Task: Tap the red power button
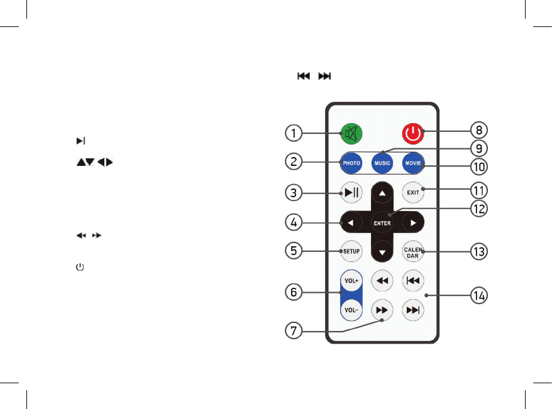(x=412, y=133)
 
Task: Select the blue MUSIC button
(x=382, y=162)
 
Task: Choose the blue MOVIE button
(x=412, y=162)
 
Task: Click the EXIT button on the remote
(x=412, y=192)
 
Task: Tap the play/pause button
(x=350, y=192)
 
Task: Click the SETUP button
(x=350, y=251)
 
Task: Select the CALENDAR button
(x=412, y=251)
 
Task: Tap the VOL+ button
(x=350, y=281)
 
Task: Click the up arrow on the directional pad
(x=382, y=192)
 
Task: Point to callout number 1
(x=292, y=133)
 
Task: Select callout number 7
(x=292, y=331)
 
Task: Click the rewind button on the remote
(x=382, y=280)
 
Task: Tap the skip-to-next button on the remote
(x=412, y=309)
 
